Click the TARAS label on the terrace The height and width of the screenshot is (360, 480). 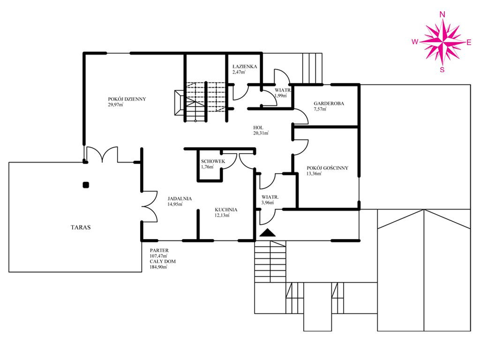pyautogui.click(x=81, y=227)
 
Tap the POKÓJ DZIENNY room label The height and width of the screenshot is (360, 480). pyautogui.click(x=127, y=99)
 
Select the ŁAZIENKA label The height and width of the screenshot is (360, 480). pyautogui.click(x=245, y=67)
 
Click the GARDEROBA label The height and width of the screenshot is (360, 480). pyautogui.click(x=329, y=104)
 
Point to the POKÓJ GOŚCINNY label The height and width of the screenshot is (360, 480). pyautogui.click(x=327, y=168)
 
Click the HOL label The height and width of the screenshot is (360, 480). pyautogui.click(x=258, y=127)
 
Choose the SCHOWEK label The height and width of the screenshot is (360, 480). pyautogui.click(x=213, y=161)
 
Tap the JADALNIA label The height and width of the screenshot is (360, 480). pyautogui.click(x=180, y=198)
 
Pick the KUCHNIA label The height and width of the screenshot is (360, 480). pyautogui.click(x=226, y=210)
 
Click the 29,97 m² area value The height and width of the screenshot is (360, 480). pyautogui.click(x=115, y=105)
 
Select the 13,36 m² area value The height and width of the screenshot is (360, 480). pyautogui.click(x=314, y=173)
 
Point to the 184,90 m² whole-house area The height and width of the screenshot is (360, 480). pyautogui.click(x=158, y=267)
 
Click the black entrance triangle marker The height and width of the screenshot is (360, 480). pyautogui.click(x=268, y=232)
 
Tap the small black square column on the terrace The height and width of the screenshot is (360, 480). pyautogui.click(x=86, y=185)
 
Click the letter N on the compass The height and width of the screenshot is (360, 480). pyautogui.click(x=442, y=15)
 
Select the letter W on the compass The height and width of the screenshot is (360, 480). pyautogui.click(x=415, y=42)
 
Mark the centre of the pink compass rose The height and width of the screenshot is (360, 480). pyautogui.click(x=442, y=42)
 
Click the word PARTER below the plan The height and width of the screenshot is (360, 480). pyautogui.click(x=159, y=250)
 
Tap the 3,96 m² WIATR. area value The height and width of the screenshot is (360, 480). pyautogui.click(x=268, y=202)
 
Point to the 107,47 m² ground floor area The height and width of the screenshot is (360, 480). pyautogui.click(x=158, y=256)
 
